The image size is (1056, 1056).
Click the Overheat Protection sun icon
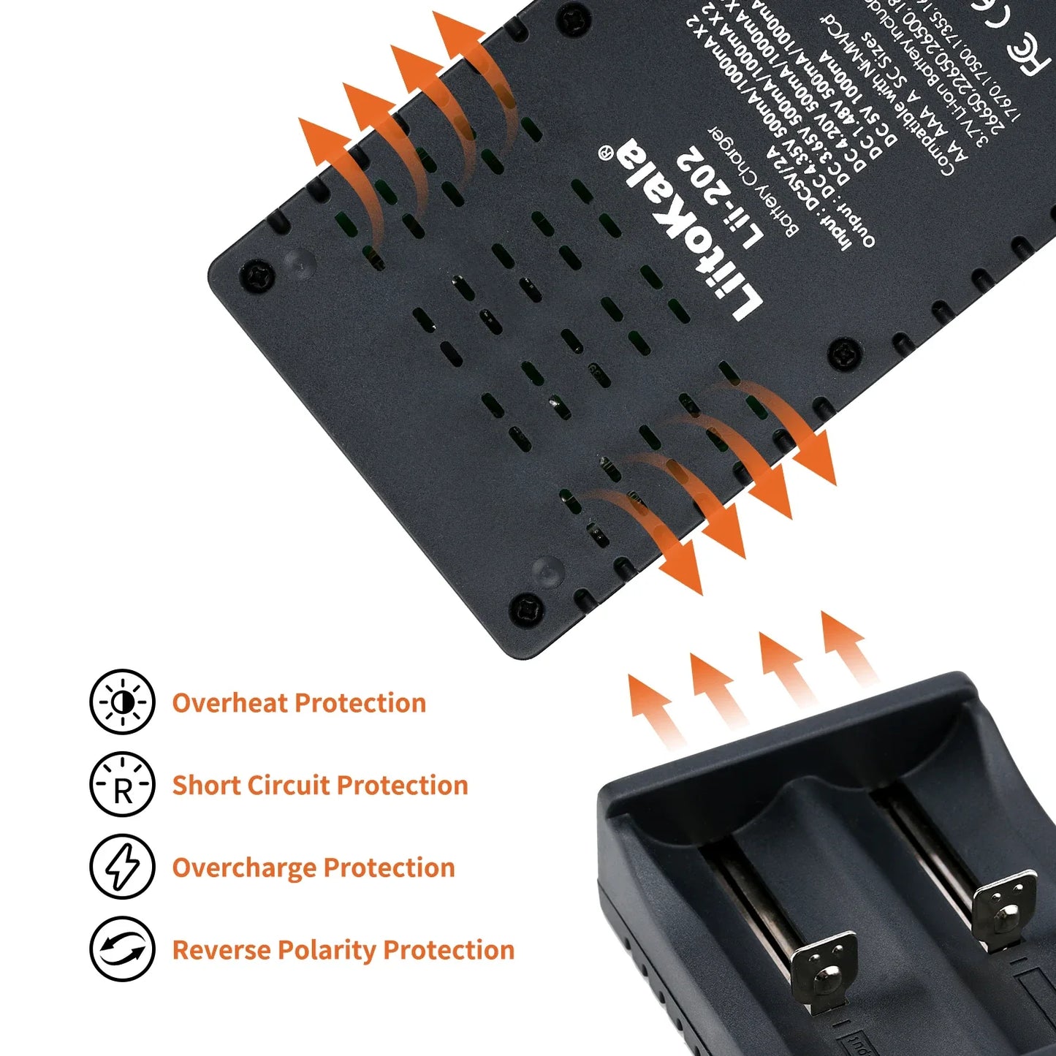[x=122, y=702]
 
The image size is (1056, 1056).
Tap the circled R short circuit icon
[x=122, y=785]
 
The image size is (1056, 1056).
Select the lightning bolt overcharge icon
[x=122, y=867]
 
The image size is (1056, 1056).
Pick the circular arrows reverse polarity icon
[x=122, y=949]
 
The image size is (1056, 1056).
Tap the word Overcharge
[x=244, y=868]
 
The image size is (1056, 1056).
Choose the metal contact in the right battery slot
[x=1007, y=907]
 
